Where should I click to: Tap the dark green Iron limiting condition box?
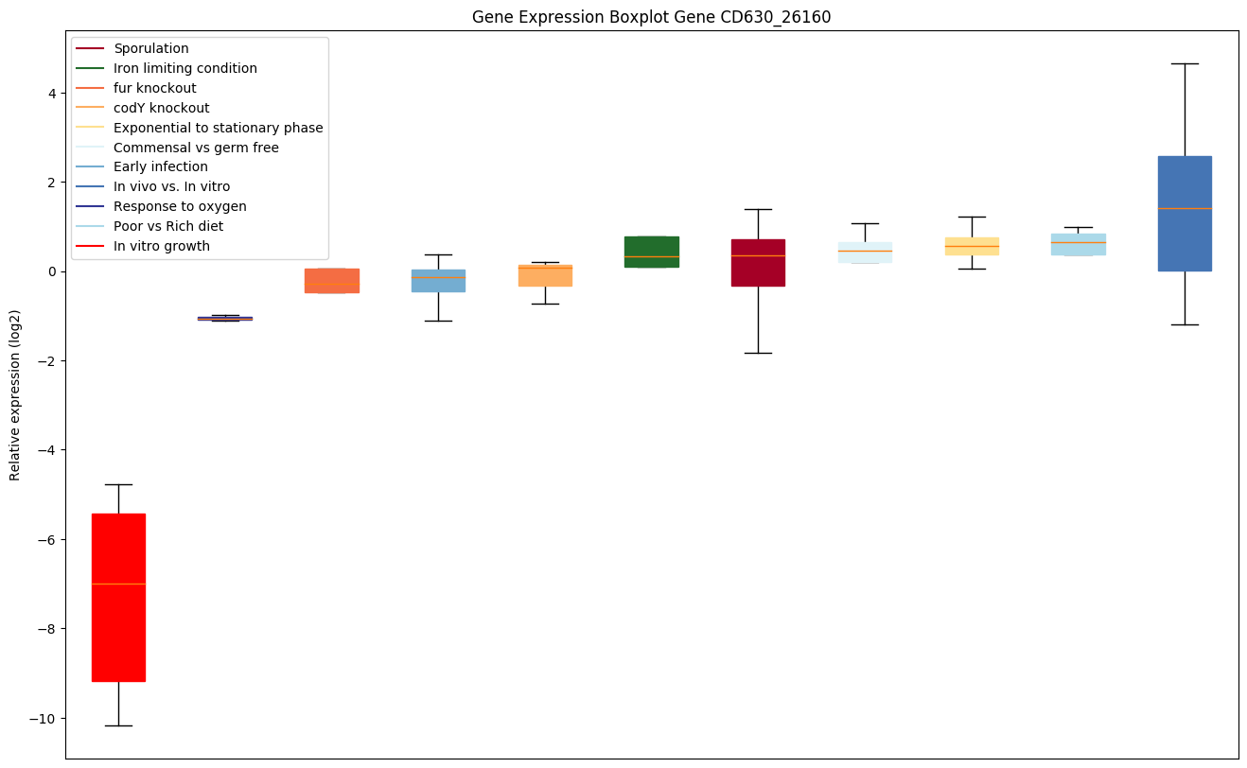[x=651, y=252]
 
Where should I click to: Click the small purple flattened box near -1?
[x=225, y=319]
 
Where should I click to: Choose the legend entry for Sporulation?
[x=150, y=48]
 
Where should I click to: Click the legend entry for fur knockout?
[x=154, y=88]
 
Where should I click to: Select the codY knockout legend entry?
[x=161, y=108]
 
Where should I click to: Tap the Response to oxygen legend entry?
[x=180, y=207]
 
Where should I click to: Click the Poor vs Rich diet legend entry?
[x=167, y=227]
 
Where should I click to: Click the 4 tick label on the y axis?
[x=53, y=94]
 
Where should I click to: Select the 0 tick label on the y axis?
[x=53, y=272]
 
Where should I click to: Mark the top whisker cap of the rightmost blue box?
[x=1184, y=63]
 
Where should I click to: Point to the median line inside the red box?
[x=118, y=585]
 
